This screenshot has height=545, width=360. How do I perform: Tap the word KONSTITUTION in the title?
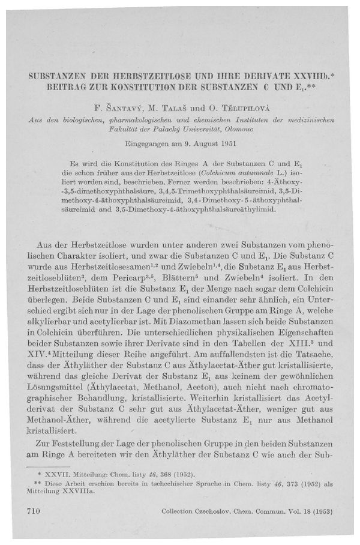133,88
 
